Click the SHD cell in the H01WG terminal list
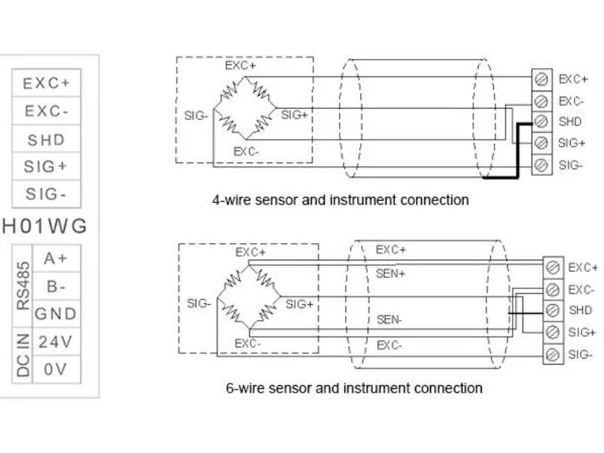tap(46, 139)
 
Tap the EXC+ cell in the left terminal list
tap(46, 83)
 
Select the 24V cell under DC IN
tap(56, 341)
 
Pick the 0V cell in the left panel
tap(56, 369)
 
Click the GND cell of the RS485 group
tap(56, 313)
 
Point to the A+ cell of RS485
tap(56, 258)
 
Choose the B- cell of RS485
tap(56, 286)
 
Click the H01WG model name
tap(45, 226)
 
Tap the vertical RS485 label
tap(23, 286)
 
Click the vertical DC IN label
tap(23, 355)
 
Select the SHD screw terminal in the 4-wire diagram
tap(541, 122)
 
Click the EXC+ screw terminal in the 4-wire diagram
tap(541, 79)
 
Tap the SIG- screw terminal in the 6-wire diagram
tap(553, 354)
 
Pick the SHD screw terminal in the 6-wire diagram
tap(553, 310)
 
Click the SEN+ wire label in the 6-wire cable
tap(390, 274)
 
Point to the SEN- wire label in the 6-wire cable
tap(389, 319)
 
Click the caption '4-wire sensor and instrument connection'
tap(341, 200)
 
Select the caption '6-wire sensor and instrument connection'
tap(354, 387)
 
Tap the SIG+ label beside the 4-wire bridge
tap(294, 115)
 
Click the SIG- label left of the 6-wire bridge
tap(199, 304)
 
